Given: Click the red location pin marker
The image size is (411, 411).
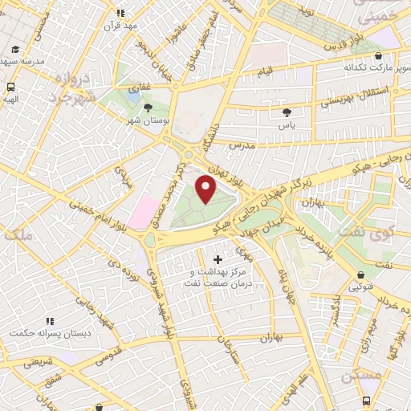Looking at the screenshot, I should (x=206, y=189).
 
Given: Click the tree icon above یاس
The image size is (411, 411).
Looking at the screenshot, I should (x=287, y=112).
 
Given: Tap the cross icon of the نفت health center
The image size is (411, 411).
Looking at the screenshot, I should (x=218, y=258).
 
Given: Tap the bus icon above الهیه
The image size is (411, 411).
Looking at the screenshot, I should (x=11, y=87).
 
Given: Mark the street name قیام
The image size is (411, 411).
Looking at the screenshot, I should (x=265, y=72).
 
